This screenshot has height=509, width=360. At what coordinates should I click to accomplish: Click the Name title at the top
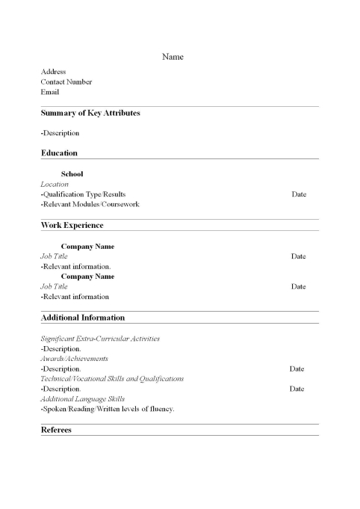pos(173,57)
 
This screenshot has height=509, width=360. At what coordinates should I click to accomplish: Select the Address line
pos(53,72)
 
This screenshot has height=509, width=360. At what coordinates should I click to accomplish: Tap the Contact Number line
pos(66,82)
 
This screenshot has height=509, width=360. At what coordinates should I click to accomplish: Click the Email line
pos(49,93)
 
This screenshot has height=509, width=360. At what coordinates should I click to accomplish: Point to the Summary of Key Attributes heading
pos(90,113)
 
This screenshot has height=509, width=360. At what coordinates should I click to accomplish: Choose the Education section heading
pos(59,153)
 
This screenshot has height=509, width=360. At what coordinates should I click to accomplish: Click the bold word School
pos(72,174)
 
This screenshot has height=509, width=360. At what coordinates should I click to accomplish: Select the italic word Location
pos(55,184)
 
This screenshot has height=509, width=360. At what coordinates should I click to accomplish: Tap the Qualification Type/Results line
pos(82,194)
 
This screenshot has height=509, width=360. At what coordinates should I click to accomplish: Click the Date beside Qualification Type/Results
pos(299,194)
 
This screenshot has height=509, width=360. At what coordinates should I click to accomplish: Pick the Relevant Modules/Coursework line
pos(90,204)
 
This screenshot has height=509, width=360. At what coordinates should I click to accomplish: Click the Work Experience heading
pos(72,225)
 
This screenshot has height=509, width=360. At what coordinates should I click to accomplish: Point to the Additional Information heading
pos(84,318)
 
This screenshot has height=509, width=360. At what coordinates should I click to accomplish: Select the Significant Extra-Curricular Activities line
pos(100,339)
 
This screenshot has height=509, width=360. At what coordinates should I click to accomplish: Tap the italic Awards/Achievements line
pos(74,359)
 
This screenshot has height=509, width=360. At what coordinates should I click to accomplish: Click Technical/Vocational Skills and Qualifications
pos(112,379)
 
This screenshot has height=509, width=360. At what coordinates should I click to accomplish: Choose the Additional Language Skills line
pos(82,399)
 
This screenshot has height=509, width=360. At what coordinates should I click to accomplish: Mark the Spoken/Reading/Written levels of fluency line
pos(108,409)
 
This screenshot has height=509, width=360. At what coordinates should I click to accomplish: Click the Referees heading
pos(56,430)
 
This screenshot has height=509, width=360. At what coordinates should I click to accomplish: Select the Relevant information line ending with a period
pos(75,267)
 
